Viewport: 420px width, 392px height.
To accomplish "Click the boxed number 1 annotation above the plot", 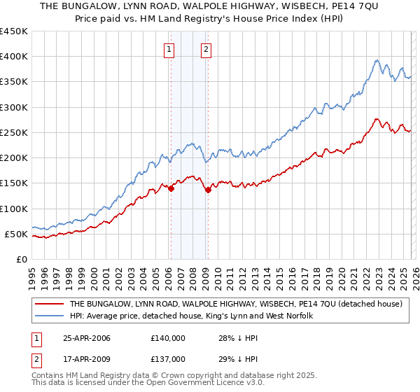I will tap(170, 49).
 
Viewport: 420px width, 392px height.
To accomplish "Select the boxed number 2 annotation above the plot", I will tap(207, 49).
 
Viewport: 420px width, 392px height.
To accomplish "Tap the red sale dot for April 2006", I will tap(171, 188).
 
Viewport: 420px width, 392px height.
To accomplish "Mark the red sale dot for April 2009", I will tap(208, 190).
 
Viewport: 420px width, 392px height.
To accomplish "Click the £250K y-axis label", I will tap(14, 132).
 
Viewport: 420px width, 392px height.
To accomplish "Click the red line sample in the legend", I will tap(50, 304).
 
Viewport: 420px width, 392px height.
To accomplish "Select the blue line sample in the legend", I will tap(50, 316).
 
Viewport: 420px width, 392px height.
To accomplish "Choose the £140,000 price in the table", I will tap(167, 339).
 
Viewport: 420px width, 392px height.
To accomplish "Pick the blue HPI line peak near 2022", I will tap(377, 60).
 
